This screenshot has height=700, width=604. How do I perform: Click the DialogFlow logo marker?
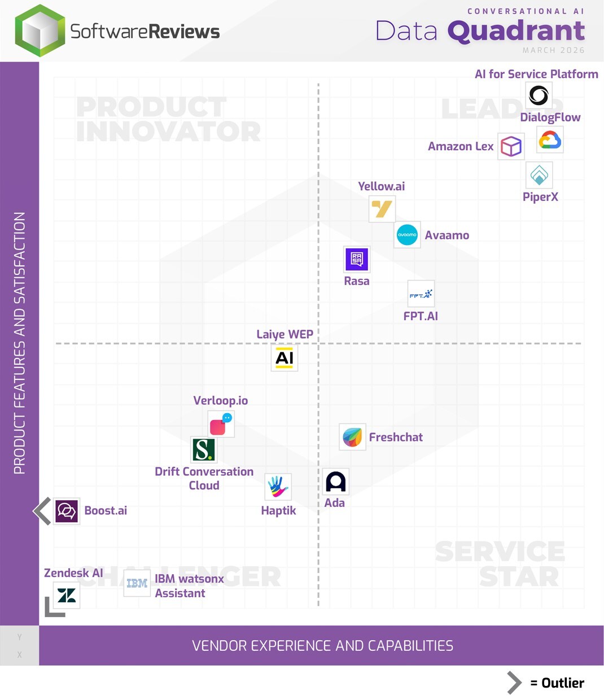tap(550, 140)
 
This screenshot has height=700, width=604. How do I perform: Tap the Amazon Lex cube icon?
tap(511, 147)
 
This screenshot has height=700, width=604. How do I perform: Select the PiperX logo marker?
tap(539, 175)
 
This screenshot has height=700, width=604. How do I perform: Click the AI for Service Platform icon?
tap(539, 95)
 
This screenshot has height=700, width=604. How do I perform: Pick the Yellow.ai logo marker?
tap(382, 209)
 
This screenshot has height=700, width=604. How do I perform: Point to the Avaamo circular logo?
tap(407, 235)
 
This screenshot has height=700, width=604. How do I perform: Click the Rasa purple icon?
tap(357, 259)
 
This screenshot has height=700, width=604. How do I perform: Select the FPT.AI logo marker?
tap(421, 294)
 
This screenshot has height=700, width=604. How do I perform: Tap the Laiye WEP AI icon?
tap(285, 358)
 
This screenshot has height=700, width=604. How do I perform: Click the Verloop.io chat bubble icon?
tap(221, 424)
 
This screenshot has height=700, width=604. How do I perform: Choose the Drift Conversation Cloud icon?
tap(203, 450)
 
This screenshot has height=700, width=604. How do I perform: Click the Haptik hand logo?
tap(278, 487)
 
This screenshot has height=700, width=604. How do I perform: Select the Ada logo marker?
tap(335, 482)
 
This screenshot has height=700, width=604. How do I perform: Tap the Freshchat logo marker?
tap(352, 437)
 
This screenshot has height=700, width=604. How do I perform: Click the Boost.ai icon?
tap(67, 511)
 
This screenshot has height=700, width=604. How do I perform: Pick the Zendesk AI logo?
tap(67, 595)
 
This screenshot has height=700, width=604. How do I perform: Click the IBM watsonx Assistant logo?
tap(137, 583)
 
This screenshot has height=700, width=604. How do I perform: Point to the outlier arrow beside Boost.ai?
tap(42, 511)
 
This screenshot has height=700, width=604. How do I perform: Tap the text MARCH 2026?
tap(553, 50)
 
